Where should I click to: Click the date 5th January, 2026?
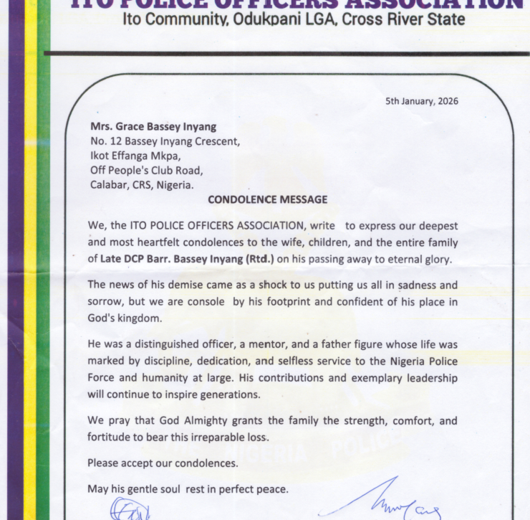click(422, 101)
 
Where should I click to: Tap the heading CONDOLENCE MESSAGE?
click(267, 199)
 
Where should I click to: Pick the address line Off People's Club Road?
click(146, 171)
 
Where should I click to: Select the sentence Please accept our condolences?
click(163, 463)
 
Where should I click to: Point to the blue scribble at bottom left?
click(131, 508)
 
